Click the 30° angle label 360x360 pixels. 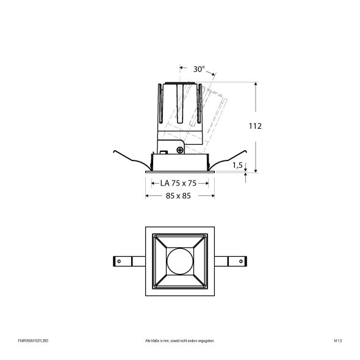tap(199, 69)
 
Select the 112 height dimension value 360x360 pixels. tap(255, 126)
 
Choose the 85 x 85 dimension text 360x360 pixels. tap(179, 196)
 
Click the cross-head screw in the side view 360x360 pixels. tap(180, 148)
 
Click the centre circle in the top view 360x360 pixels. tap(179, 261)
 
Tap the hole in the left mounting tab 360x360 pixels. tap(119, 261)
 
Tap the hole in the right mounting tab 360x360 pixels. tap(240, 261)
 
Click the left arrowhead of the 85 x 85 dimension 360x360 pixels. tap(146, 196)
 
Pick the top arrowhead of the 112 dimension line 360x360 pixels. tap(255, 84)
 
